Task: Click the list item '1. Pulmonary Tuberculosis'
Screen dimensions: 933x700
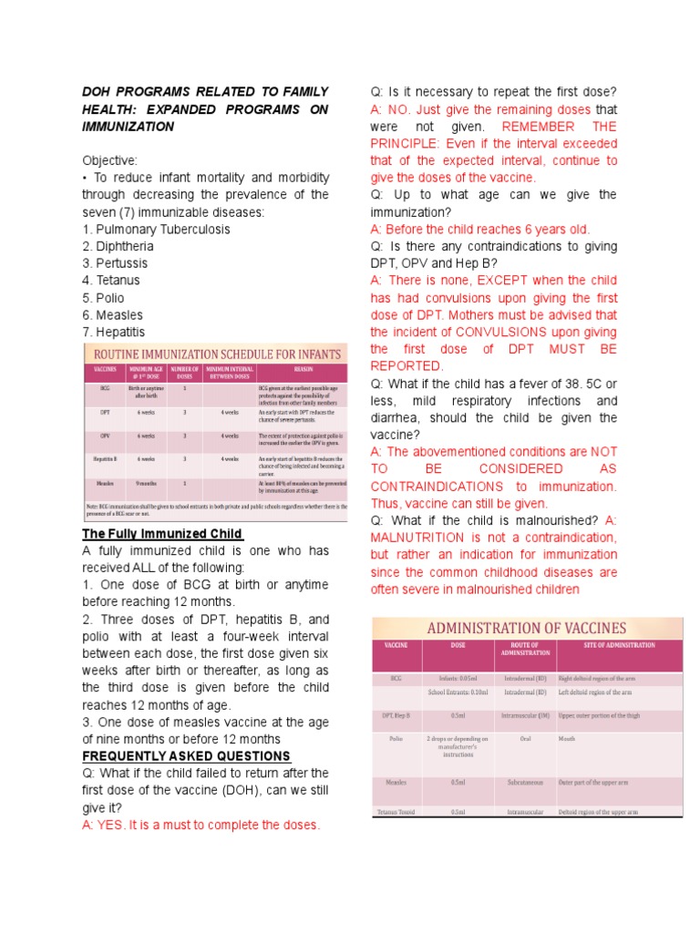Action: pos(156,230)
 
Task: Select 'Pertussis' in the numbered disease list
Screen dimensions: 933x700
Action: pos(115,263)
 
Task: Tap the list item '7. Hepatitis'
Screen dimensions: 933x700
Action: pos(114,333)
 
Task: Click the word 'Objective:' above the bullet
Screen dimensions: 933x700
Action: pos(110,160)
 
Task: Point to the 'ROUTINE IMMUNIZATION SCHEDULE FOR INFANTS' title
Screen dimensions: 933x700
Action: pos(214,354)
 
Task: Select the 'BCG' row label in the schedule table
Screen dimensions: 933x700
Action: pos(105,387)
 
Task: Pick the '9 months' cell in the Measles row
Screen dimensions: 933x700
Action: pos(145,483)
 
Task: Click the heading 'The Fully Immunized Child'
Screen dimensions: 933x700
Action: pos(162,534)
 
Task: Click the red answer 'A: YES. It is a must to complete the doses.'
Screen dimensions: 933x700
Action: pos(201,825)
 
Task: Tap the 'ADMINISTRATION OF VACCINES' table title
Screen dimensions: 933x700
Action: pos(528,628)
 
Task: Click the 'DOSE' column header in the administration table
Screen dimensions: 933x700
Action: pos(458,645)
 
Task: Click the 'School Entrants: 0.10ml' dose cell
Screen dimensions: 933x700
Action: pos(458,692)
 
